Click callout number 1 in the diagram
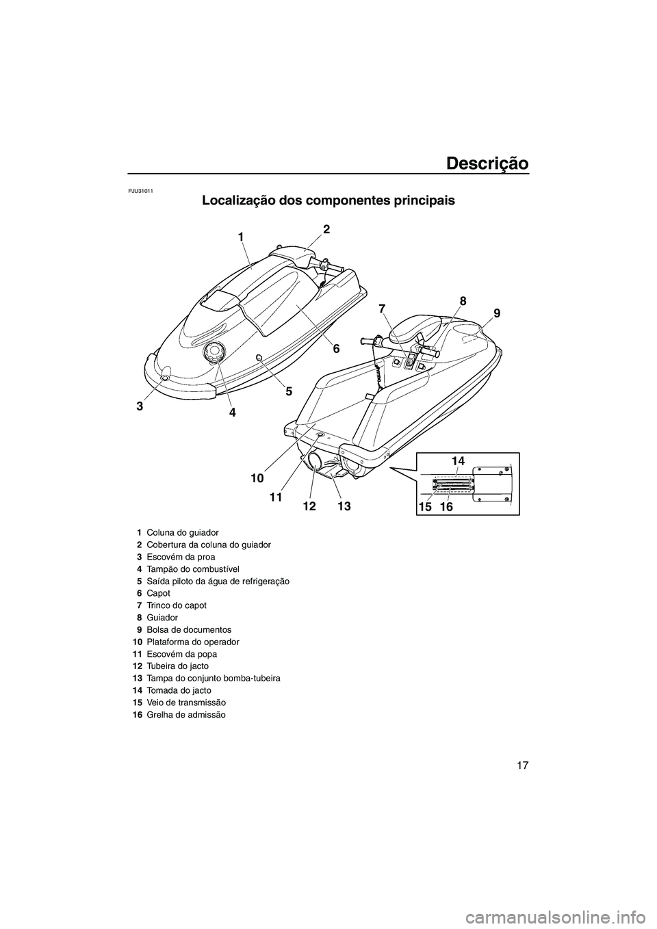pyautogui.click(x=241, y=236)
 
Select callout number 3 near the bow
pyautogui.click(x=140, y=405)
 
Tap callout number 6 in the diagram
pyautogui.click(x=336, y=348)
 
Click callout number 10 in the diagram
pyautogui.click(x=257, y=475)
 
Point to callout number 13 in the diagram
pyautogui.click(x=344, y=506)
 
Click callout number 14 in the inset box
pyautogui.click(x=458, y=462)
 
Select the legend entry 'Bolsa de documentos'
pyautogui.click(x=184, y=629)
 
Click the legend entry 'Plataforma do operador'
pyautogui.click(x=189, y=642)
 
